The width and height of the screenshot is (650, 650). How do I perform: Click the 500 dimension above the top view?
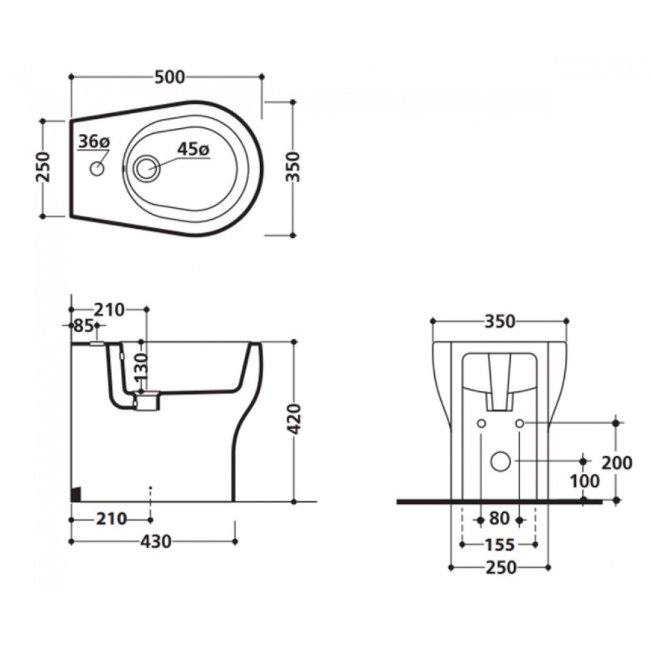click(x=170, y=77)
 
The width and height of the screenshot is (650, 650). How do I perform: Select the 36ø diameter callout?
click(x=94, y=142)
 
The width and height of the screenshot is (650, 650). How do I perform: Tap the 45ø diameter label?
click(x=193, y=149)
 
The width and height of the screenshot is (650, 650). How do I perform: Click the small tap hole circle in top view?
click(x=97, y=169)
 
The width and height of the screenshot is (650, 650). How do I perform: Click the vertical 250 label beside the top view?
click(x=43, y=168)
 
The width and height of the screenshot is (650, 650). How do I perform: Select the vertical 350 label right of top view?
click(x=292, y=167)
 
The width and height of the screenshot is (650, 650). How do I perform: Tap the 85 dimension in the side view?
click(x=83, y=326)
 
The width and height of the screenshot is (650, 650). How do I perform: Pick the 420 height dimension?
click(x=294, y=419)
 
